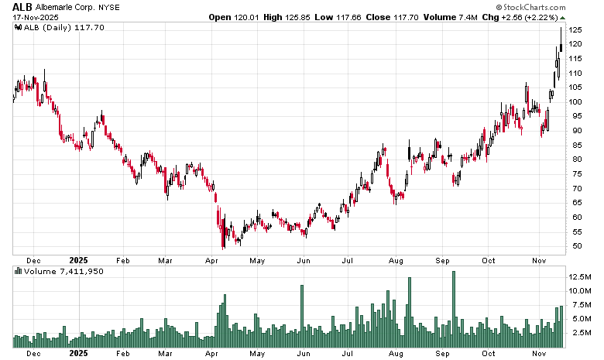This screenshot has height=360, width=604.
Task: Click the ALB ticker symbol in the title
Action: point(21,7)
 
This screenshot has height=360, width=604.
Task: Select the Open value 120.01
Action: point(249,17)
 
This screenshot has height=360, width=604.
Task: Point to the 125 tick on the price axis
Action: point(575,29)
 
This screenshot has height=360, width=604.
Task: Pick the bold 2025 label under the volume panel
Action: point(80,353)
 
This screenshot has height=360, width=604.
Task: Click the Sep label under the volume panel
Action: point(442,353)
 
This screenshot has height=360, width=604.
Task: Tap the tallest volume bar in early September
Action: point(454,309)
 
